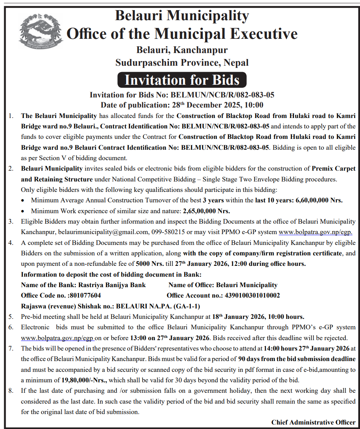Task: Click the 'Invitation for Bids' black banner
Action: pyautogui.click(x=182, y=80)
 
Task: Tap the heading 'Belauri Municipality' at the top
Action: pyautogui.click(x=182, y=16)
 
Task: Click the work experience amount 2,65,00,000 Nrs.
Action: pyautogui.click(x=206, y=211)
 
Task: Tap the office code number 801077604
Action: pyautogui.click(x=86, y=295)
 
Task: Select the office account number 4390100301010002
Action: pyautogui.click(x=252, y=295)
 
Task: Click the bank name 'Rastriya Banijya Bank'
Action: pyautogui.click(x=112, y=285)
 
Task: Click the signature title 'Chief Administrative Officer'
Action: pyautogui.click(x=313, y=422)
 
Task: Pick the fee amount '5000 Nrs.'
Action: pyautogui.click(x=149, y=264)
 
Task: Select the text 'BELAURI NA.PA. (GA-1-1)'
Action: pyautogui.click(x=158, y=306)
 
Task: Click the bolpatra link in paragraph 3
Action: pyautogui.click(x=316, y=232)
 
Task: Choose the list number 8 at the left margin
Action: pyautogui.click(x=11, y=391)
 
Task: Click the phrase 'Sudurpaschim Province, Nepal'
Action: pyautogui.click(x=182, y=62)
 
